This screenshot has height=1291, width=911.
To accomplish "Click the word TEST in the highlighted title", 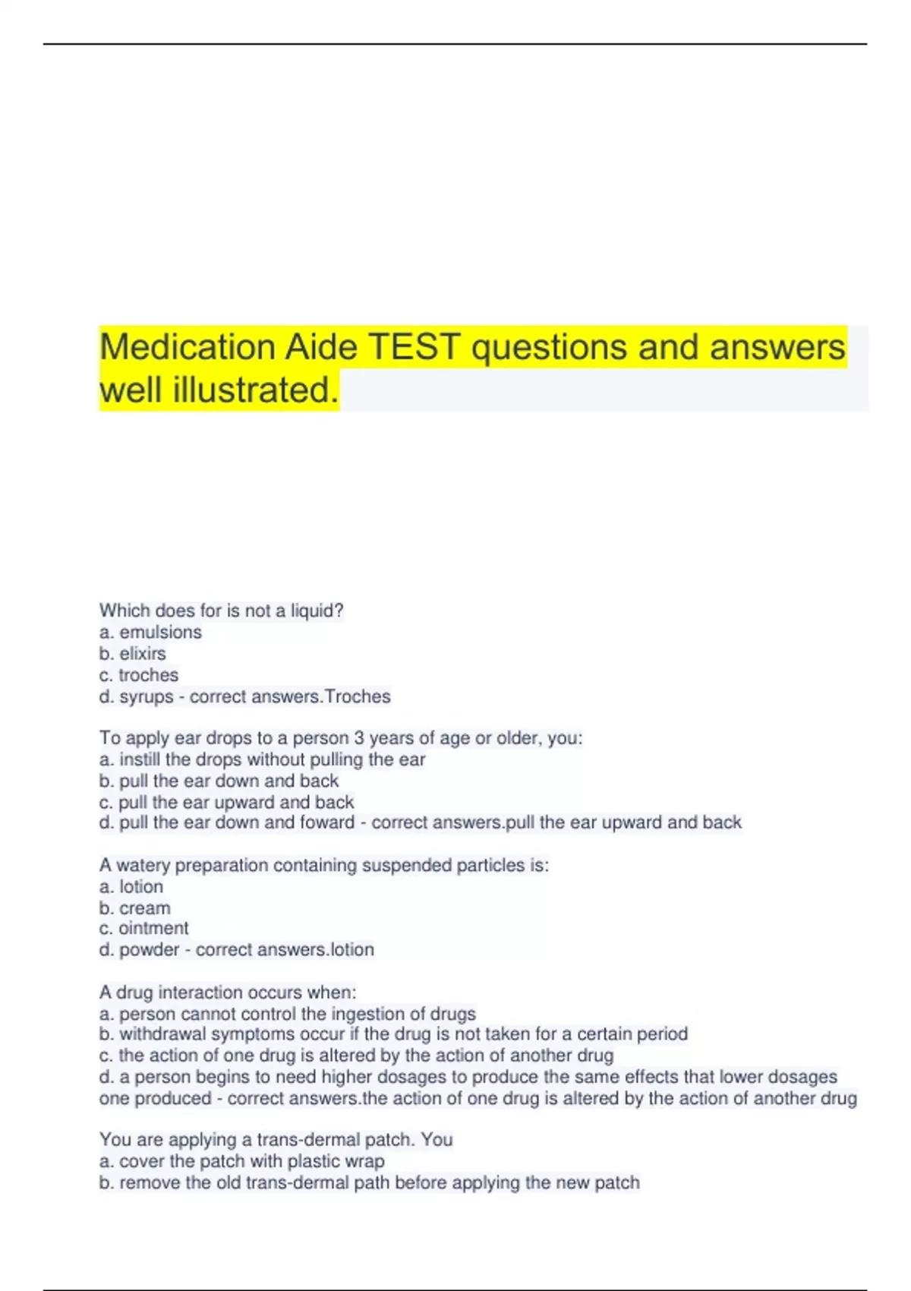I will coord(415,348).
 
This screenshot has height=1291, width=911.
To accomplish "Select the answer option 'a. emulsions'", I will coord(150,632).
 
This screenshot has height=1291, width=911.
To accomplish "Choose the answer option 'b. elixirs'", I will coord(132,653).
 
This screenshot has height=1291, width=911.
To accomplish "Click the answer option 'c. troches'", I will coord(139,675).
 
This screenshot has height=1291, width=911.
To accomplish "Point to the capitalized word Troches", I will coord(358,696).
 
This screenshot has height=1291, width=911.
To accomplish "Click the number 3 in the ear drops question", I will coord(359,738).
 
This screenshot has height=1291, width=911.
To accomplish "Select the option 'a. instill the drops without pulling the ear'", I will coord(262,759).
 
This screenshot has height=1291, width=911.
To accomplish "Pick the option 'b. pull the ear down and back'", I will coord(219,781).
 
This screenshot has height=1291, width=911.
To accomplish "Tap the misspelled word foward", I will coord(327,822).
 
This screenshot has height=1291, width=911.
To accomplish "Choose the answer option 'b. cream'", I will coord(134,908).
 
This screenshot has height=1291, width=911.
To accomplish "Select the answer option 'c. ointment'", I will coord(143,928).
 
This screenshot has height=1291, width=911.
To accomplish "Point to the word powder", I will coord(149,950).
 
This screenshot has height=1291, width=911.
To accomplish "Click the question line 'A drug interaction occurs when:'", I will coord(227,993).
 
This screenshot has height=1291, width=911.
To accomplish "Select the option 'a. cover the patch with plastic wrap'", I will coord(241,1161).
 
